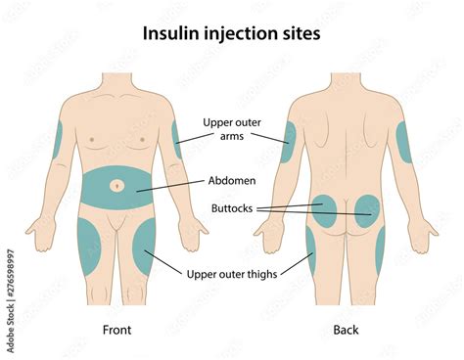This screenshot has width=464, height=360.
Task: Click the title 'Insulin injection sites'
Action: click(x=232, y=33)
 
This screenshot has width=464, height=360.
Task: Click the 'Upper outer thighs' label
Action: click(x=232, y=274)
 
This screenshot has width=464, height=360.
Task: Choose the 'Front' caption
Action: click(x=116, y=330)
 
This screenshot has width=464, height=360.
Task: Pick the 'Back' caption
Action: click(x=346, y=330)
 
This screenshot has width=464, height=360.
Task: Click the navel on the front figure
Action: click(x=117, y=184)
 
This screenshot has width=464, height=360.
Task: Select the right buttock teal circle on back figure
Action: click(x=367, y=211)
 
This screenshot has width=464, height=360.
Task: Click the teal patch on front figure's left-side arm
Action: click(x=57, y=139)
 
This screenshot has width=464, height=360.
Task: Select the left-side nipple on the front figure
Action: click(x=92, y=139)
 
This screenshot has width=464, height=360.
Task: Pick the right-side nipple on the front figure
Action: click(x=141, y=139)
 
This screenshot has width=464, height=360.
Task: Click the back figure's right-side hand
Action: click(x=423, y=234)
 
